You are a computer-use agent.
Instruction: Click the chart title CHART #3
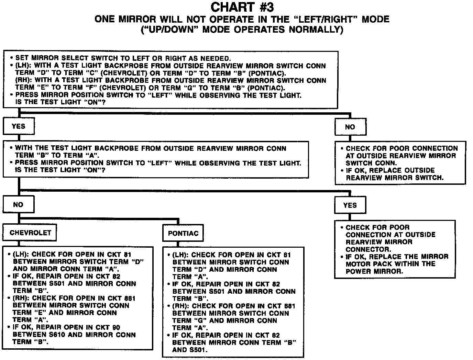[x=242, y=7]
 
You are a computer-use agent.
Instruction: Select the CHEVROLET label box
[x=30, y=233]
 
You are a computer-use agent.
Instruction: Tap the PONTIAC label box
[x=183, y=234]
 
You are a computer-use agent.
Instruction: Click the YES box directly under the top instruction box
[x=19, y=126]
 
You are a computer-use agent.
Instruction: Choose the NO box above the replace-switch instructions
[x=350, y=127]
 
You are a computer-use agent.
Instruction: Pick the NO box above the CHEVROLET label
[x=18, y=205]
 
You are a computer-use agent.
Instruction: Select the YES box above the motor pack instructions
[x=350, y=205]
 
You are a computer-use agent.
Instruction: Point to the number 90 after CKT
[x=116, y=327]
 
